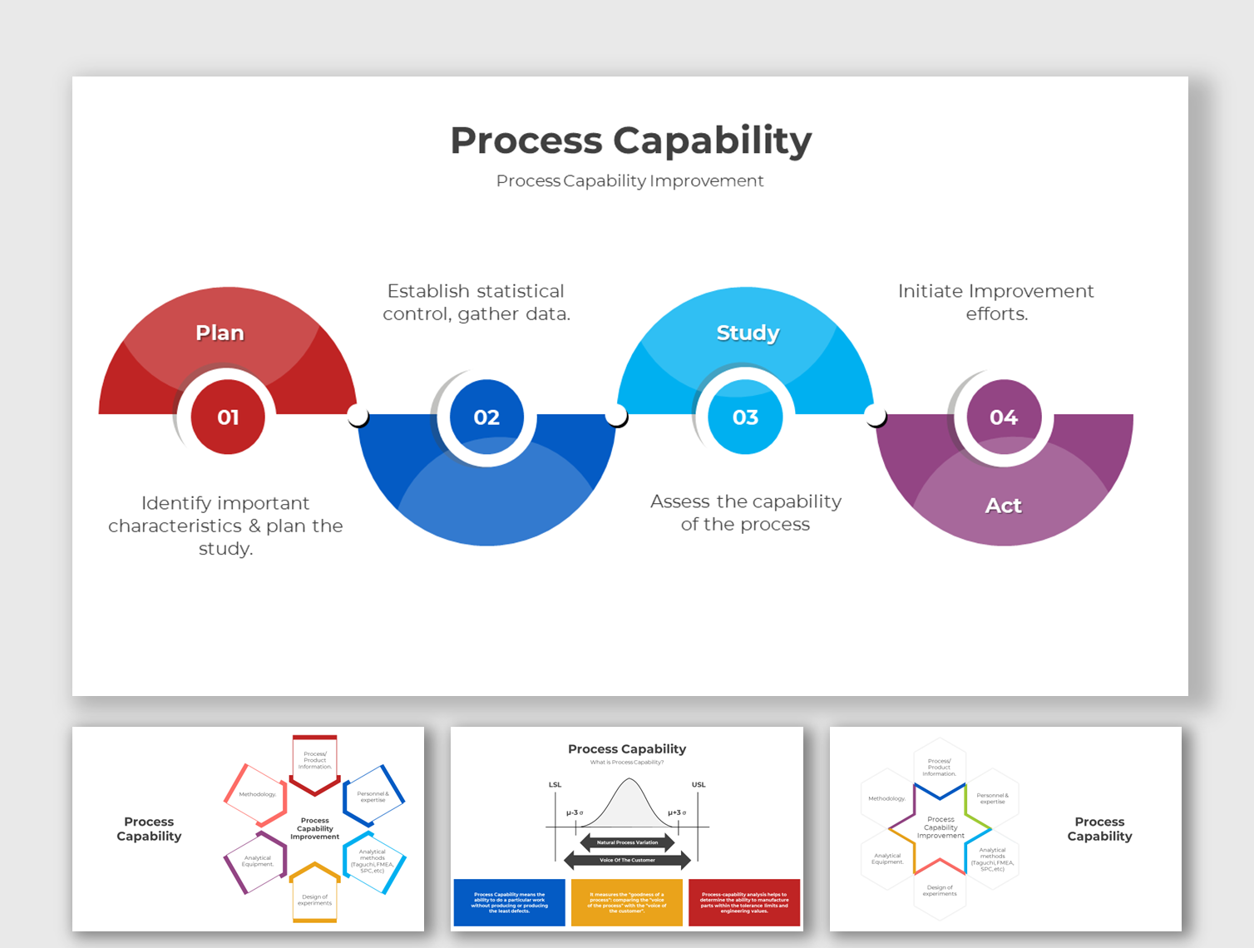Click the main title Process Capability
point(630,141)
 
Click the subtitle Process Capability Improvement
point(629,180)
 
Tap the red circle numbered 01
point(228,417)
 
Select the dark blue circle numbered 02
point(486,417)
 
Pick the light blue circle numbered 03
point(745,417)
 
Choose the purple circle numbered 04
point(1003,417)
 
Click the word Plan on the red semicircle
point(220,333)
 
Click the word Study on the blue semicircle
point(748,333)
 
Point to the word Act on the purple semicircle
point(1003,506)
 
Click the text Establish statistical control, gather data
point(476,302)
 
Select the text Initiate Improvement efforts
point(995,302)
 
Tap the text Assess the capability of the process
point(745,512)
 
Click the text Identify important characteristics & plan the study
point(225,526)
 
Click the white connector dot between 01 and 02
point(358,415)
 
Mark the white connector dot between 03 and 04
point(875,415)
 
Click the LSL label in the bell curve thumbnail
point(555,784)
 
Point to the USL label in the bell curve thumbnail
point(699,784)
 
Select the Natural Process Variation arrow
point(627,842)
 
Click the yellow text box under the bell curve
point(626,902)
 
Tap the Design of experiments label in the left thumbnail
point(315,900)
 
